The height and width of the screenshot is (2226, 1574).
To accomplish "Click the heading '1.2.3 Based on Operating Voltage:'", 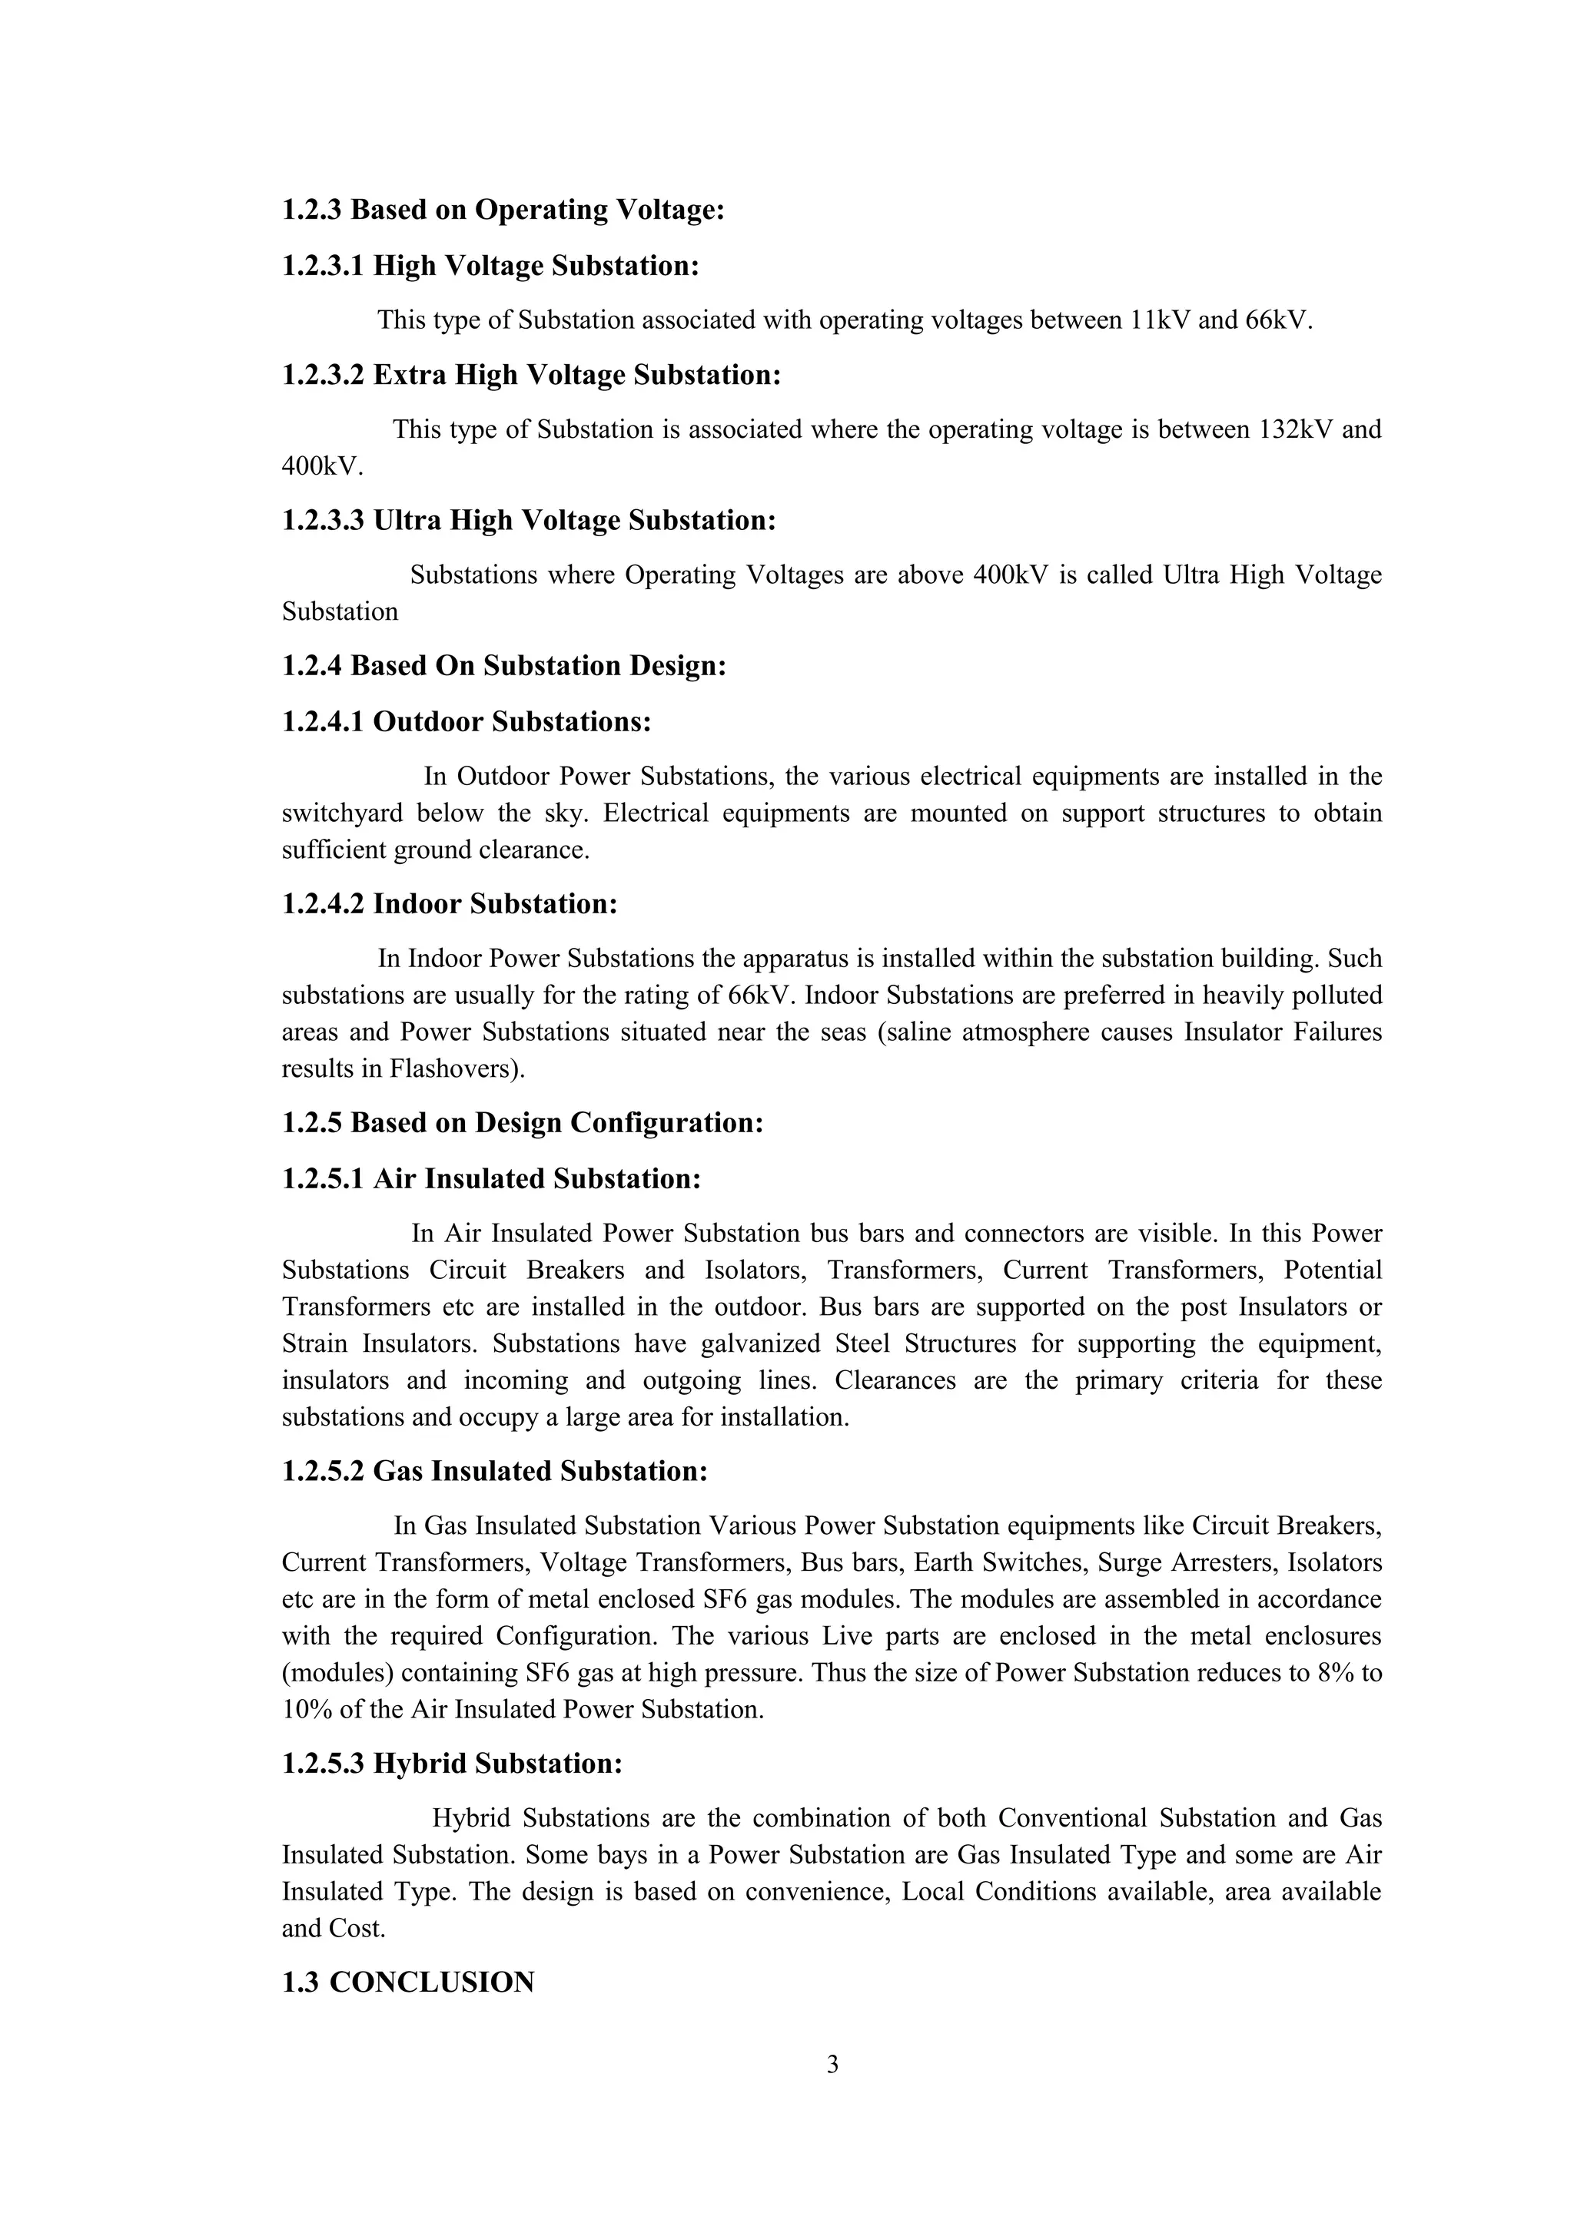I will pyautogui.click(x=503, y=210).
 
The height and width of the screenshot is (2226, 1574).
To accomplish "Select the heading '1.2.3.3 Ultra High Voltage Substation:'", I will pyautogui.click(x=529, y=521).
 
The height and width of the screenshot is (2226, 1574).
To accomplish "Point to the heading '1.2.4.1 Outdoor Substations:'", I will pyautogui.click(x=466, y=721).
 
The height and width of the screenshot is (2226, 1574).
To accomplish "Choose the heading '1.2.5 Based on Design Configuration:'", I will pyautogui.click(x=523, y=1123).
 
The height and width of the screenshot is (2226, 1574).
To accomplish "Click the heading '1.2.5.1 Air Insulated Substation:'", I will pyautogui.click(x=491, y=1179).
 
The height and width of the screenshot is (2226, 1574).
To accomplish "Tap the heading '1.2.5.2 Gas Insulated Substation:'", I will pyautogui.click(x=495, y=1472).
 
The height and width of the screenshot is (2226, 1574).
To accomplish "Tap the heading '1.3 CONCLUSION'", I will pyautogui.click(x=408, y=1983).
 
